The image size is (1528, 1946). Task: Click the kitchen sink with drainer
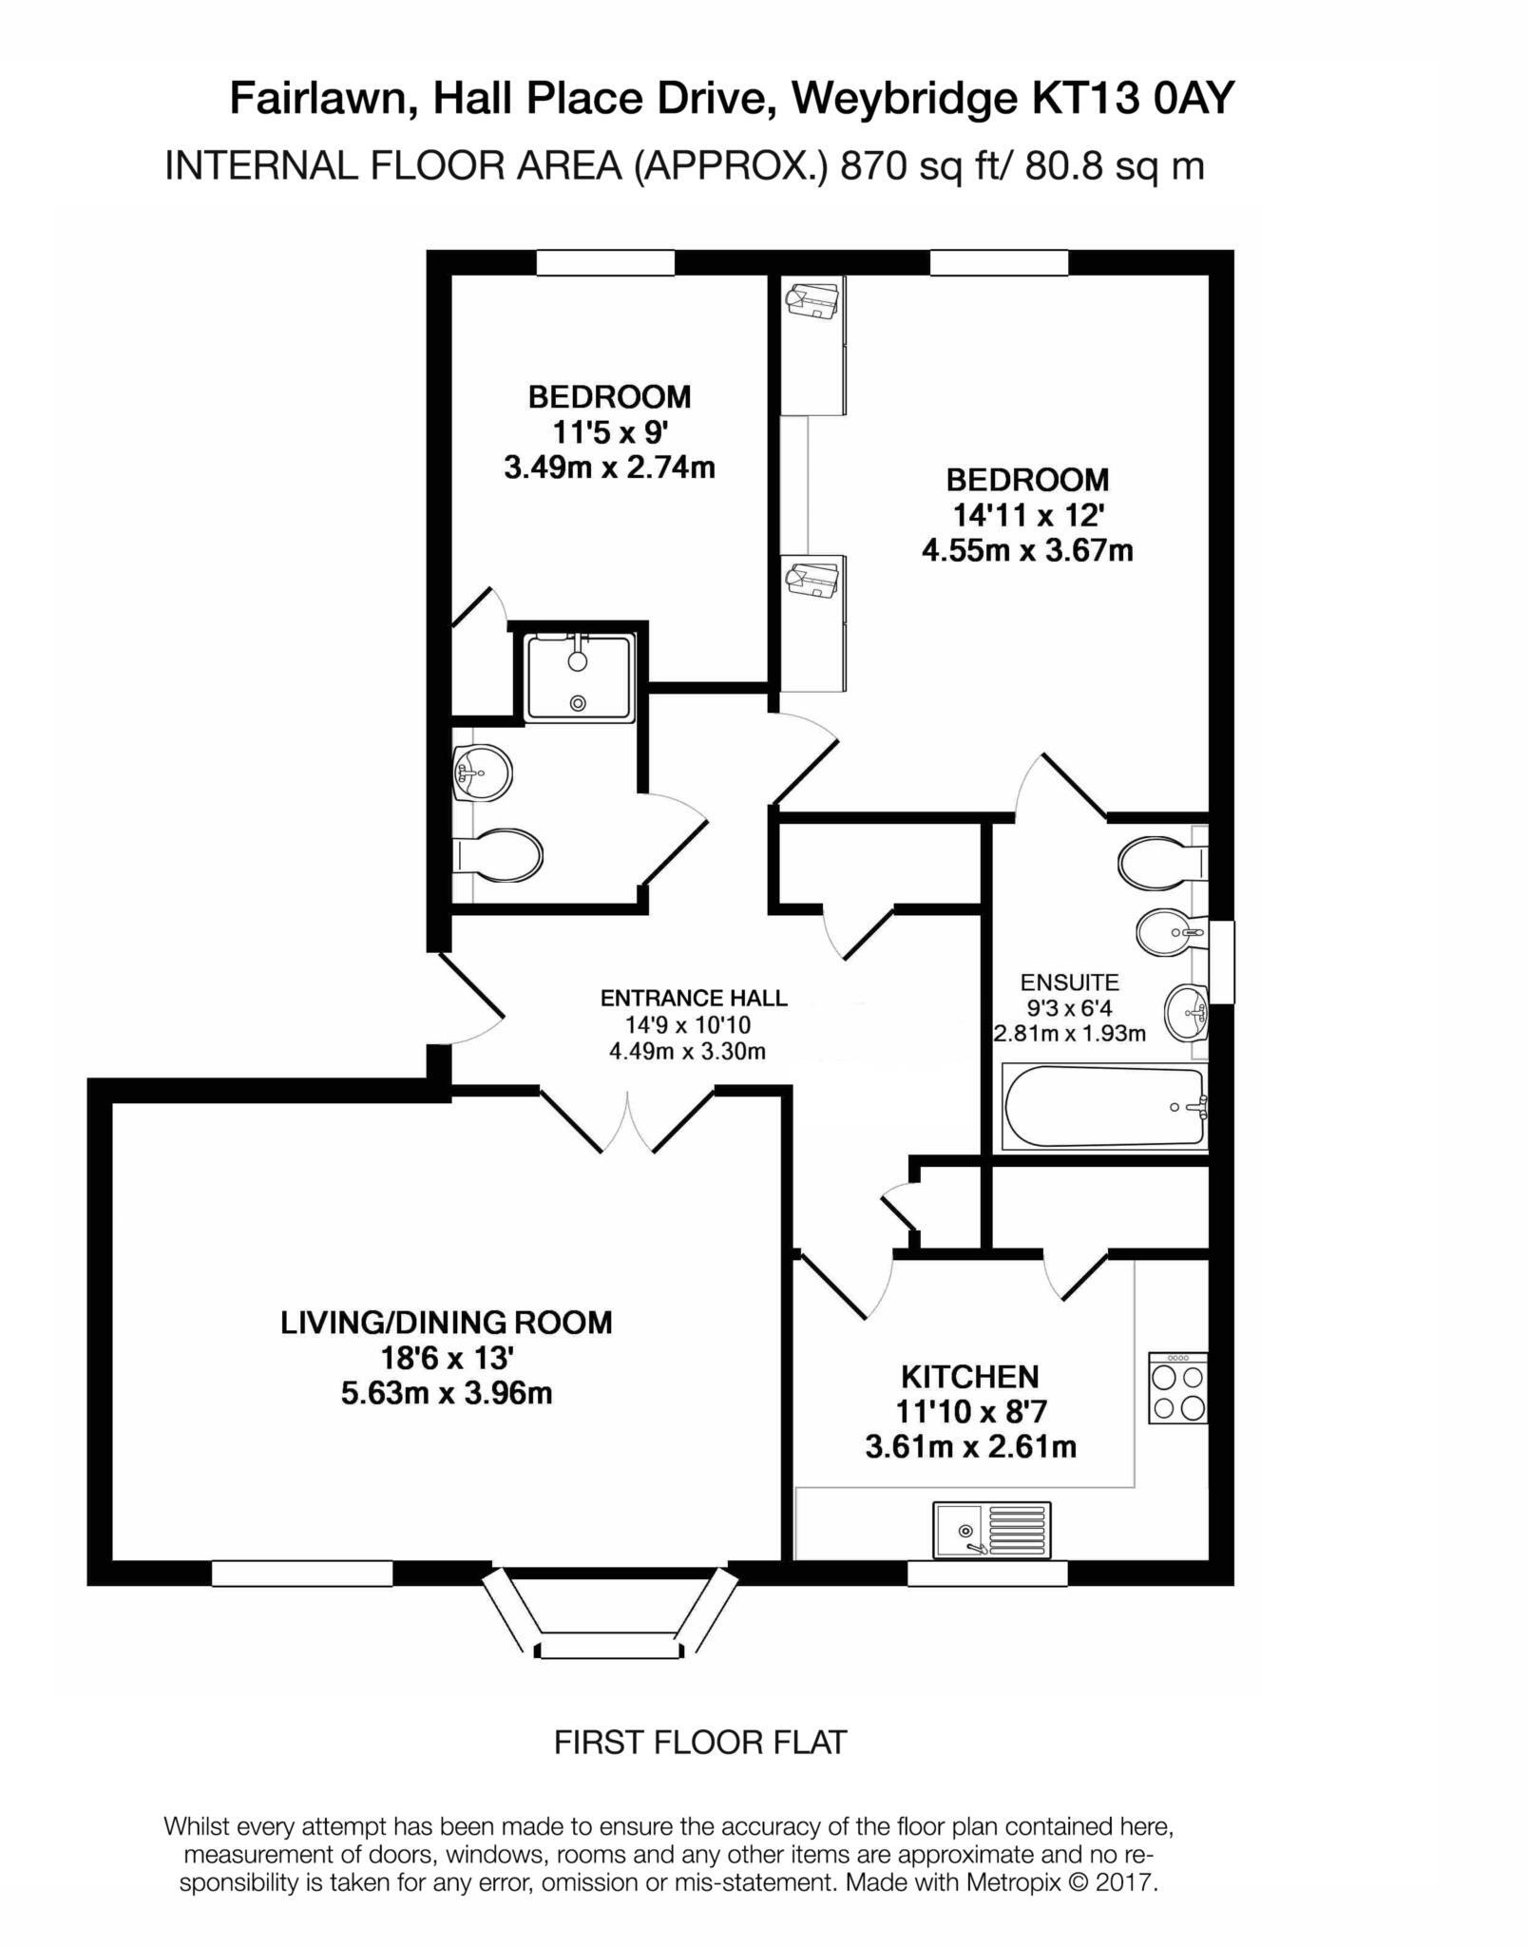point(991,1530)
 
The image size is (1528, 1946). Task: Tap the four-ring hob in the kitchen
point(1177,1388)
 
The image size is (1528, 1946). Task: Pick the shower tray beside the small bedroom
point(579,678)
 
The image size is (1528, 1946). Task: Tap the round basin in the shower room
point(483,772)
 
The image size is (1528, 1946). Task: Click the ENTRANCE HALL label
point(693,998)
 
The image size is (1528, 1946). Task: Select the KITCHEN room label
point(969,1376)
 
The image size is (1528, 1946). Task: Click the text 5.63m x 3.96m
point(446,1394)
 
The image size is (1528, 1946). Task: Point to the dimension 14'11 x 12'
point(1027,515)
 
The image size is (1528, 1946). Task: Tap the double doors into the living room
point(627,1120)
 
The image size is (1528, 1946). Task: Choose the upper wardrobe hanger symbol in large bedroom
point(812,301)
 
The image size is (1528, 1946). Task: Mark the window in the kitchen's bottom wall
point(987,1574)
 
